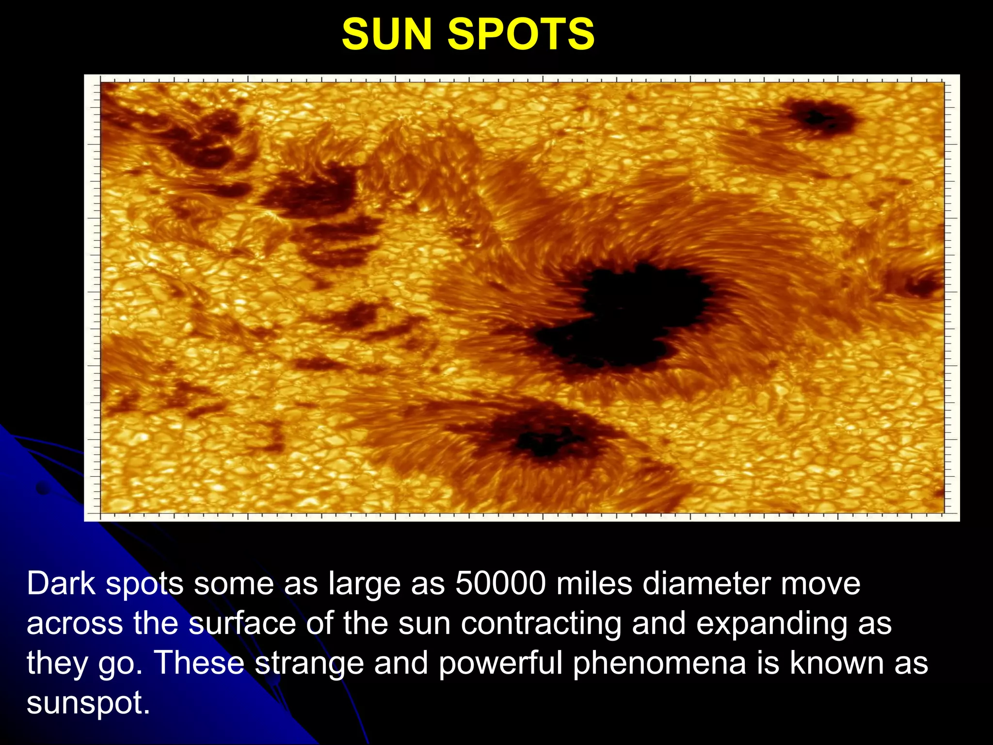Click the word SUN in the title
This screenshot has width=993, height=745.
[386, 34]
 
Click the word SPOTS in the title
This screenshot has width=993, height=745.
[521, 34]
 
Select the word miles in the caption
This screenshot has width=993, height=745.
[594, 583]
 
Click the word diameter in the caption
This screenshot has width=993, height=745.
[706, 583]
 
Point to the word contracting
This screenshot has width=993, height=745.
[541, 623]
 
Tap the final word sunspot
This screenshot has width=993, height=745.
[87, 703]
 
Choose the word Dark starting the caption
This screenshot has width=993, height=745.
[61, 583]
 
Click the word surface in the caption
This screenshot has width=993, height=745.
[242, 623]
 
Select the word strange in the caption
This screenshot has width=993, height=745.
[309, 663]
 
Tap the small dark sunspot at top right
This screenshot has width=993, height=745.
[819, 116]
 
